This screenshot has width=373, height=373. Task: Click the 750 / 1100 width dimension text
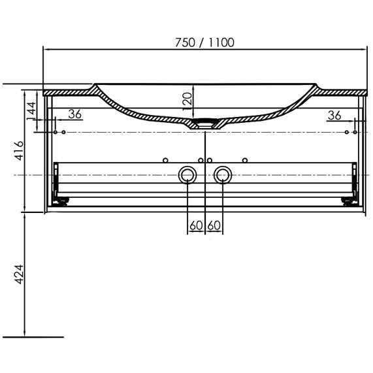click(204, 42)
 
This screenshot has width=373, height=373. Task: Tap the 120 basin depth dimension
click(187, 101)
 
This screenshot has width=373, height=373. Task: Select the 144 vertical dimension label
click(31, 111)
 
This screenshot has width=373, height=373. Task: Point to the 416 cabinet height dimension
click(18, 151)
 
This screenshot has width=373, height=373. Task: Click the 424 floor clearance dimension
click(18, 274)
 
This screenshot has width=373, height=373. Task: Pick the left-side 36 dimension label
click(75, 114)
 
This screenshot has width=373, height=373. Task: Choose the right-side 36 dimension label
click(334, 116)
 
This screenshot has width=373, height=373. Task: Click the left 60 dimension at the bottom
click(196, 225)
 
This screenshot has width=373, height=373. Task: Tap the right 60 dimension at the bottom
click(214, 225)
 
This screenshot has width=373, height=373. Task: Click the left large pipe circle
click(187, 167)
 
